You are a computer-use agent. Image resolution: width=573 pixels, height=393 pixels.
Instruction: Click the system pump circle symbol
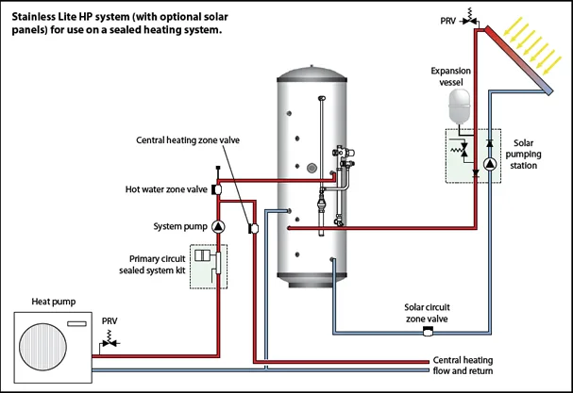(218, 226)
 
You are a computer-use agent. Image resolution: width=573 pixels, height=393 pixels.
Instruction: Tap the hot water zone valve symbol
(216, 189)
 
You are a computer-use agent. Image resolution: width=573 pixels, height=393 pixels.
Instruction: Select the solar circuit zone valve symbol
(428, 332)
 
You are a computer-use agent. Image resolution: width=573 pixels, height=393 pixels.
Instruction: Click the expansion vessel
(460, 106)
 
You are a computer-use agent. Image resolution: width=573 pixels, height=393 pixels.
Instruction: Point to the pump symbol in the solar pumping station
(490, 164)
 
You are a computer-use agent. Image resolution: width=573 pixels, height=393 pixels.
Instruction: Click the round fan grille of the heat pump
(42, 346)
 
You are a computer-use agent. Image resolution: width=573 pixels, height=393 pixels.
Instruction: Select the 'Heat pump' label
(54, 302)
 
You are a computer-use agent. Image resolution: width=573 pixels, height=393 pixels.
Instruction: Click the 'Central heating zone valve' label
(188, 140)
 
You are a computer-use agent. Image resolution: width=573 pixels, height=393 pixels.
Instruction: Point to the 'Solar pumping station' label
(523, 154)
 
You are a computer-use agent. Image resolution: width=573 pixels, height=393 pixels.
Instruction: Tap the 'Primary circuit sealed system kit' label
(152, 265)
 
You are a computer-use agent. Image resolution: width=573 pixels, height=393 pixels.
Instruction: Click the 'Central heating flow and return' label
(463, 366)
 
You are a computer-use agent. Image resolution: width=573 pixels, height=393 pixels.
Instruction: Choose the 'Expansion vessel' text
(450, 76)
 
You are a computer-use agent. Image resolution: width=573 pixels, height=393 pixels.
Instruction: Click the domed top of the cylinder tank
(312, 73)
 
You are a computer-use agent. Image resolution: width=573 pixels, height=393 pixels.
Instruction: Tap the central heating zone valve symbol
(253, 228)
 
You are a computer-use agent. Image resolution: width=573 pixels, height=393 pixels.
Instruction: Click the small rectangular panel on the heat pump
(76, 323)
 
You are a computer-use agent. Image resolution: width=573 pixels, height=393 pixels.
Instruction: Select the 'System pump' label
(180, 226)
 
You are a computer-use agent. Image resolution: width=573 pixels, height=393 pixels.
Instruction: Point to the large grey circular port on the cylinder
(312, 168)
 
